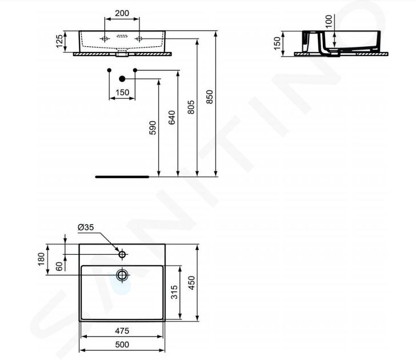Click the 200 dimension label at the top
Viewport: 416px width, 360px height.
122,13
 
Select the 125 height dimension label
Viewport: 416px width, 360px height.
59,41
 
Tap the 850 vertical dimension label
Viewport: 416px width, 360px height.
209,97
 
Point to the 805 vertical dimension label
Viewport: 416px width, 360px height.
191,107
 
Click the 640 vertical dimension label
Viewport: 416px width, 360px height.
172,118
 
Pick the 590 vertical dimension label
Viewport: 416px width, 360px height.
153,128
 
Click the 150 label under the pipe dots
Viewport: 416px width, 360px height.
122,93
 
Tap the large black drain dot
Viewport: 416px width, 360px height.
122,79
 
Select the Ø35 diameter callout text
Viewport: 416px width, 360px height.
86,227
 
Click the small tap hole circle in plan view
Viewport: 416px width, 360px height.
122,254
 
